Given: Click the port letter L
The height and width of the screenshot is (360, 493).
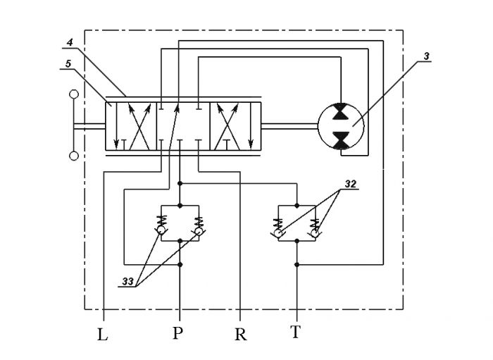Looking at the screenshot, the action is tap(103, 335).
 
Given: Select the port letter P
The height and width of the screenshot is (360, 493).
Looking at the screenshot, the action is tap(177, 333).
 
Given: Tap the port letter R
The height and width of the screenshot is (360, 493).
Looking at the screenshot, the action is tap(241, 335).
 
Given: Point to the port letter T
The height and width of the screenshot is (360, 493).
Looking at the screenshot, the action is tap(295, 332).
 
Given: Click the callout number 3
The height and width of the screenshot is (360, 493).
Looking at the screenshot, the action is tap(426, 56).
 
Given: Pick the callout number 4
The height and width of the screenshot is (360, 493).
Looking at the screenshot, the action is tap(70, 42).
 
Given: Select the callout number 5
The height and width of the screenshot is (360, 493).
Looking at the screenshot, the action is tap(68, 64).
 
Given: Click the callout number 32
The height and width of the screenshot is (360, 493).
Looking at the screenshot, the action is tap(351, 184).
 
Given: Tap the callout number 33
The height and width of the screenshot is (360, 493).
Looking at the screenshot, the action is tap(128, 281).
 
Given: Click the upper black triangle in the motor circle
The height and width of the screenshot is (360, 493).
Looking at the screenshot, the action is tap(341, 111).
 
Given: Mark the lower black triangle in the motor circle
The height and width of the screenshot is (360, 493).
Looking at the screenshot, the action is tap(341, 140).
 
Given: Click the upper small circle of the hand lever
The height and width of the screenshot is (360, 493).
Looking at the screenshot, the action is tap(74, 94).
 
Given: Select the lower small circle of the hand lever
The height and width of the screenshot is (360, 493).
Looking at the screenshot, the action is tap(74, 156).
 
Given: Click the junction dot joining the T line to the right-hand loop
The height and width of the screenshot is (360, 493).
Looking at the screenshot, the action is tap(297, 265).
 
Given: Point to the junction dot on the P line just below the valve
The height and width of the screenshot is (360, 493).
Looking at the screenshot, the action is tap(180, 183).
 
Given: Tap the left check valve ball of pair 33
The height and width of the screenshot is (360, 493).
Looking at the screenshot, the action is tap(161, 230).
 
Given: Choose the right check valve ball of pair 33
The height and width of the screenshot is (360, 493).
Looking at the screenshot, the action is tap(199, 231).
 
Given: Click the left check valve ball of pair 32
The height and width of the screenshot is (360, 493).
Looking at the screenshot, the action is tap(279, 233).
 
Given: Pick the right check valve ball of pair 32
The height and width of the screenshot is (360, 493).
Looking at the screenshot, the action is tap(315, 233).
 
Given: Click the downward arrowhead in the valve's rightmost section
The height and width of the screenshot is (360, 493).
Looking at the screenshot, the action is tap(251, 144).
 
